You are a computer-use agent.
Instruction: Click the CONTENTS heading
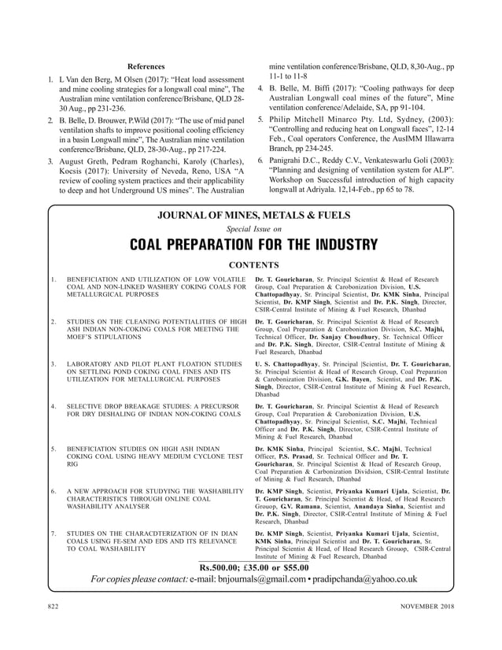click(251, 265)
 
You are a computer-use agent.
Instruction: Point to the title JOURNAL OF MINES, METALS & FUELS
click(251, 215)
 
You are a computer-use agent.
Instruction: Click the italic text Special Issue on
click(251, 229)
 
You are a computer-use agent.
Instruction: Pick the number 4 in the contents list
click(52, 407)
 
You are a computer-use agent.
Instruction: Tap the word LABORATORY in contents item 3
click(90, 364)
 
